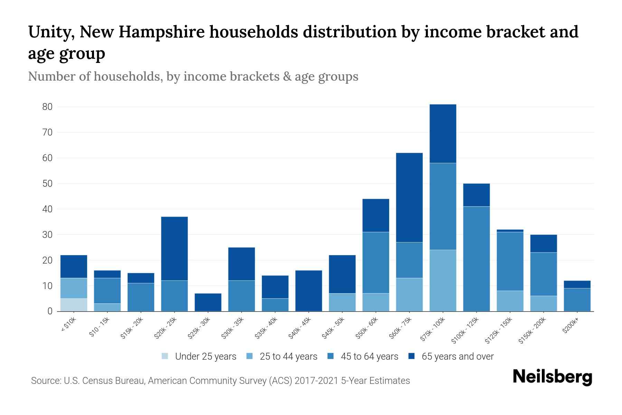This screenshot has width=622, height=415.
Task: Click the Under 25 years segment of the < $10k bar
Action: (x=74, y=305)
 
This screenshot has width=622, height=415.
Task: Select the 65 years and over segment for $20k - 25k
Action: (x=175, y=248)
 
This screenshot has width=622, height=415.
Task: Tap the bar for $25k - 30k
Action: (x=208, y=302)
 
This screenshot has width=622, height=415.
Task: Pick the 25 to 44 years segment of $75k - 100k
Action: (x=443, y=280)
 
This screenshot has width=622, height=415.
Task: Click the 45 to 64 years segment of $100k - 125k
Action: (x=476, y=259)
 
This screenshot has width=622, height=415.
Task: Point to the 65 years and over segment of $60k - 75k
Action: (x=409, y=197)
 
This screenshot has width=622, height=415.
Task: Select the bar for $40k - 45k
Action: (x=309, y=290)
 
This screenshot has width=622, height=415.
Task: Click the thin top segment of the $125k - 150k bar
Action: (x=510, y=231)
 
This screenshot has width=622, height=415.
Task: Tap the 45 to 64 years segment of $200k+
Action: (x=577, y=299)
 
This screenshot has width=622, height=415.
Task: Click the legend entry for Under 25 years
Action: (x=205, y=356)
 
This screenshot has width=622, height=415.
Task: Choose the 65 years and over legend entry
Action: (x=457, y=356)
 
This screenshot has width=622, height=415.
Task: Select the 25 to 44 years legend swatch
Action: (x=249, y=356)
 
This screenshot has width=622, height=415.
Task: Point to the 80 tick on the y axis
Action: (x=47, y=107)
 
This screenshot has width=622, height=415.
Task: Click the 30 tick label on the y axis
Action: (x=47, y=235)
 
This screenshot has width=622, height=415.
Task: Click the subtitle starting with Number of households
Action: (x=193, y=76)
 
